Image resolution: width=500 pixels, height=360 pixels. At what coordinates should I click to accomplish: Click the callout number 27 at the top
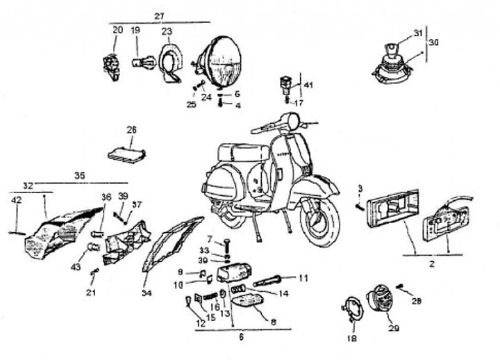[160, 15]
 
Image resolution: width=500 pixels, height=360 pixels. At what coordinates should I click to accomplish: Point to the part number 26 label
[132, 129]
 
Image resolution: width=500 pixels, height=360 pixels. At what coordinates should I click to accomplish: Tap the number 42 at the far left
[16, 200]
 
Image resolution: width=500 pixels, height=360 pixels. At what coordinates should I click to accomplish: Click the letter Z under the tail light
[431, 265]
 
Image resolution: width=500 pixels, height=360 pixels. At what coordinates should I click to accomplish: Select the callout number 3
[360, 188]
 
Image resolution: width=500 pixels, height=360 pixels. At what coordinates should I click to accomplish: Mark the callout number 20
[117, 30]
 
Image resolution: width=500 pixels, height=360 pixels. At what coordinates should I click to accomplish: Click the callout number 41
[308, 85]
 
